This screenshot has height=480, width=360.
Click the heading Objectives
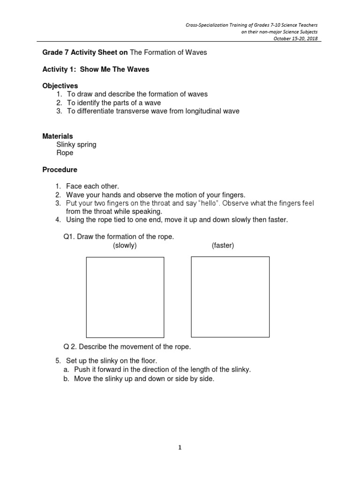coord(60,86)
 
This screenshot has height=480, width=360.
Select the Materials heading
coord(58,136)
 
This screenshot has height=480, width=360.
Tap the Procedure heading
coord(60,170)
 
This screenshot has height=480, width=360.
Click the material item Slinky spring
coord(76,144)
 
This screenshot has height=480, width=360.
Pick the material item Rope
coord(65,153)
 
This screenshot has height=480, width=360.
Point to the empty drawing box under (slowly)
coord(125,297)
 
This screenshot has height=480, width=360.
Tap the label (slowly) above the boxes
coord(125,246)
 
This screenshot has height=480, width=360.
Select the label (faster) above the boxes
coord(223,246)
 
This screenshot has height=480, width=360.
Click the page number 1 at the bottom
coord(180,448)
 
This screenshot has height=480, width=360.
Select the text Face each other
coord(93,186)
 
